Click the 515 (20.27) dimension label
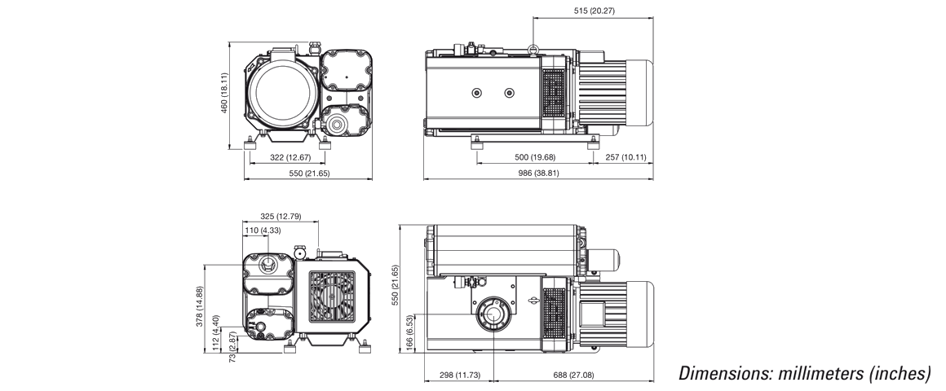tap(595, 11)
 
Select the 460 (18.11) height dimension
tap(224, 93)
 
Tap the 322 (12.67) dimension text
tap(290, 158)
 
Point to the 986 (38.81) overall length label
tap(539, 173)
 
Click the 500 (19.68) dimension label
tap(535, 157)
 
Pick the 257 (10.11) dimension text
tap(626, 157)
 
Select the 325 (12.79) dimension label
tap(281, 217)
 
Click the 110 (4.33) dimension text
tap(263, 231)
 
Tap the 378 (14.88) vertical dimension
tap(200, 306)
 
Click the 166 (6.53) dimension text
tap(410, 333)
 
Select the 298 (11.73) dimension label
tap(460, 375)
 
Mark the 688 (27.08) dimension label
tap(574, 375)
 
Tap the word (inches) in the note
tap(900, 374)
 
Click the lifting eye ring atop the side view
tap(533, 49)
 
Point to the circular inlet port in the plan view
tap(494, 315)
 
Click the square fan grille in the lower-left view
tap(332, 296)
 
